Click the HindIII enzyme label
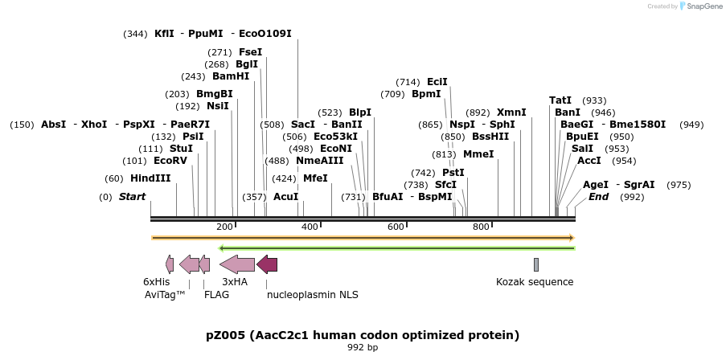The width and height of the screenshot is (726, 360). pos(150,178)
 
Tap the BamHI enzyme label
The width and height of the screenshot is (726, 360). pos(231,76)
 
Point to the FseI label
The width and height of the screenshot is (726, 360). pos(250,51)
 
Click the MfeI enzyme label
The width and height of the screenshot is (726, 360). pos(315,178)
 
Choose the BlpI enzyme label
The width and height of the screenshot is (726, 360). pos(360,112)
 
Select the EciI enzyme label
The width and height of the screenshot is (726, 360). pos(437,82)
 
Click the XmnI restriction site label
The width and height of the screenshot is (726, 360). pos(511,112)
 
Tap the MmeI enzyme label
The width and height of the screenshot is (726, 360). pos(478,154)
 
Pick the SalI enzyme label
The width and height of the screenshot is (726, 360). pos(582,149)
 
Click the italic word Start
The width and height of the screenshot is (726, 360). pos(133,197)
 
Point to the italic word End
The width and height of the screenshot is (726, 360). pos(599,197)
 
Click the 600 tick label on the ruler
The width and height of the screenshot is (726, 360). pos(396,227)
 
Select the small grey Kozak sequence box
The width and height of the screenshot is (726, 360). pos(536,264)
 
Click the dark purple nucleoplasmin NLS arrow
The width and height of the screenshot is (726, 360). pos(267,264)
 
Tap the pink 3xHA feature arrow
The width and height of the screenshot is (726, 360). pos(237,264)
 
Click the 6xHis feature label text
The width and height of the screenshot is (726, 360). pos(157,282)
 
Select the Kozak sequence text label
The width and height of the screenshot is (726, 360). pos(535,282)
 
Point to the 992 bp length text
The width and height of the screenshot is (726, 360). pos(363,348)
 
